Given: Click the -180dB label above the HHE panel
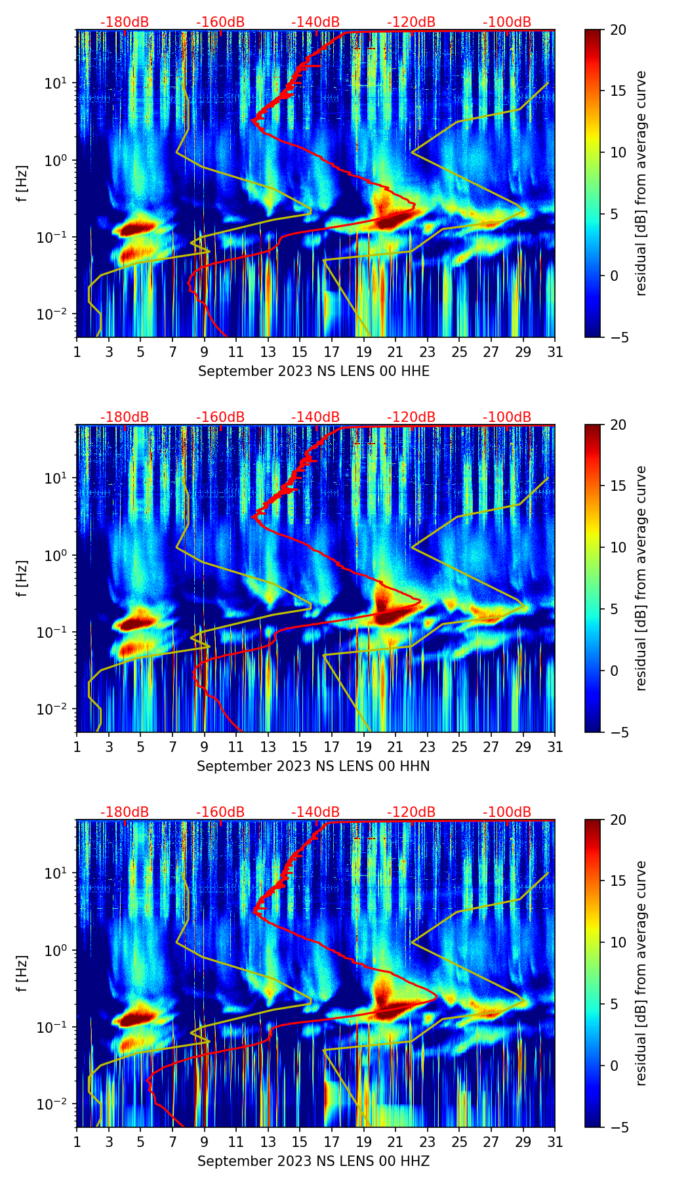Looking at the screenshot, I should (125, 22).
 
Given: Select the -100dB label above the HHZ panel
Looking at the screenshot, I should (507, 812).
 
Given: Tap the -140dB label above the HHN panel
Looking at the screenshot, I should (315, 417).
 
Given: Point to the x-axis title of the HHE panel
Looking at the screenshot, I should (314, 371).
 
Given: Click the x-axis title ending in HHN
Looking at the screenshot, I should (314, 766).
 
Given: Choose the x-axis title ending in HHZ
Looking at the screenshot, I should (314, 1161).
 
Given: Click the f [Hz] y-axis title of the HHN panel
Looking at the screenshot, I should (22, 578).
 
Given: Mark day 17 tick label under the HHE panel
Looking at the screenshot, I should (331, 352).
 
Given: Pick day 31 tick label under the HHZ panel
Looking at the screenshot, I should (554, 1142).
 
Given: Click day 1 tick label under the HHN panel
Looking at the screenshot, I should (77, 747).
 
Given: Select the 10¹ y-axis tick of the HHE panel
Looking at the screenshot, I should (54, 83).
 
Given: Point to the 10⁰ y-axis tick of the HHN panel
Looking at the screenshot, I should (54, 555).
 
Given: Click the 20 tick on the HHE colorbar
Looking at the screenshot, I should (618, 30).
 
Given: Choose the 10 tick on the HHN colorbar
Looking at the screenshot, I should (618, 547).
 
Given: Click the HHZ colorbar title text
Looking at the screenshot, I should (641, 973).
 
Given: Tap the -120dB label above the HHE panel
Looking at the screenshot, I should (411, 22).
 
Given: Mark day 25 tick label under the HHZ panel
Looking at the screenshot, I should (459, 1142).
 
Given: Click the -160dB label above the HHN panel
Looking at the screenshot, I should (220, 417).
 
